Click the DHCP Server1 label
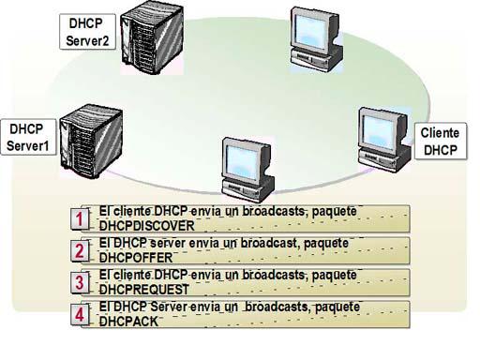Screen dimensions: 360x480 [x=28, y=138]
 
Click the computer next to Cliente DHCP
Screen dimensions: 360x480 [x=380, y=138]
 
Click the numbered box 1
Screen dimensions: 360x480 [x=82, y=218]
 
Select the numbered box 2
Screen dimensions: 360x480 [x=82, y=249]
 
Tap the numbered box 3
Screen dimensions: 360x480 [x=82, y=281]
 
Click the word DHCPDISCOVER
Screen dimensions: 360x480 [x=146, y=226]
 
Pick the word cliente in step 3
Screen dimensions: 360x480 [x=131, y=275]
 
